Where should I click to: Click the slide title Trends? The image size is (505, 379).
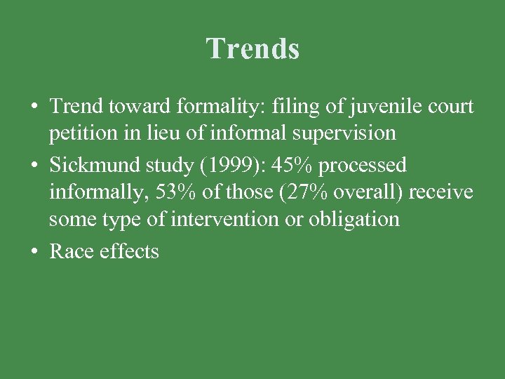pos(252,48)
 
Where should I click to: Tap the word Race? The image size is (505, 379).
pos(72,251)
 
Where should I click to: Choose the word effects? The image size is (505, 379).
pos(129,251)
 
